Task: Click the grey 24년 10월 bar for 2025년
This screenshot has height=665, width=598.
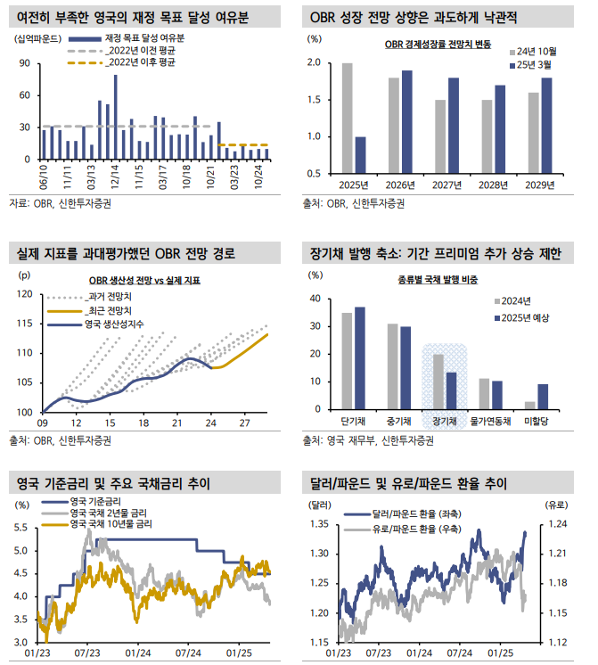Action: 348,119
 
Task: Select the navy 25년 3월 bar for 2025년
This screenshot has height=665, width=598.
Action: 360,155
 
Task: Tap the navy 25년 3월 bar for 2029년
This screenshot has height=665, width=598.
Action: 546,126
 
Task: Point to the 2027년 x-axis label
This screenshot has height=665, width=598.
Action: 446,185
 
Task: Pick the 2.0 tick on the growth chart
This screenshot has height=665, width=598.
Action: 313,63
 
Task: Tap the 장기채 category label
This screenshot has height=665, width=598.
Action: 446,421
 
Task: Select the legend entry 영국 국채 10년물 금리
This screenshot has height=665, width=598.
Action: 111,524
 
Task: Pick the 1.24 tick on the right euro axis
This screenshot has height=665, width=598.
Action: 557,524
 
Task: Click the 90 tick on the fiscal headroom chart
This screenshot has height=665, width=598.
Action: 25,63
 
